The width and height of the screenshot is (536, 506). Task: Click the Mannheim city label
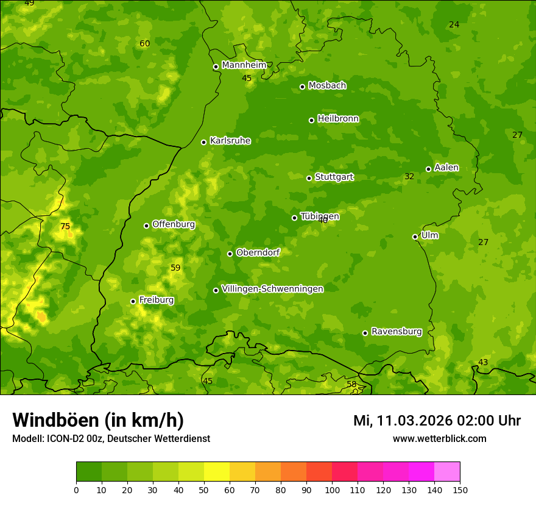click(x=244, y=65)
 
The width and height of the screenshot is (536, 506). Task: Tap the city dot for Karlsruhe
click(x=203, y=142)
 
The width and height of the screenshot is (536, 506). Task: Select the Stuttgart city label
click(x=334, y=177)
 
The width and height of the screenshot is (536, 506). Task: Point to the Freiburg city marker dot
click(x=133, y=301)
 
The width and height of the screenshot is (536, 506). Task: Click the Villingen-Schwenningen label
click(x=272, y=289)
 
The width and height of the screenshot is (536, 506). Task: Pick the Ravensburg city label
click(x=396, y=332)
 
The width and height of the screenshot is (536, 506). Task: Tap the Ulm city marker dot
click(x=415, y=237)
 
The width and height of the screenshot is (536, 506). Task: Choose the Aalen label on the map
click(x=446, y=168)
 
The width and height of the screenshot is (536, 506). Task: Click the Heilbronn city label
click(x=338, y=119)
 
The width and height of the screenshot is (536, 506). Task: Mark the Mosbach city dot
click(x=302, y=87)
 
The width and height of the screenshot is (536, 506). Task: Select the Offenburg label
click(x=174, y=224)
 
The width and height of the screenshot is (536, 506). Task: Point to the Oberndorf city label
click(x=258, y=252)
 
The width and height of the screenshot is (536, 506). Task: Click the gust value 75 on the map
click(x=65, y=227)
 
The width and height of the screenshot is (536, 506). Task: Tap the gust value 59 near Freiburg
click(x=175, y=268)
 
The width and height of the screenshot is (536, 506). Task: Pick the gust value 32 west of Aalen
click(x=409, y=177)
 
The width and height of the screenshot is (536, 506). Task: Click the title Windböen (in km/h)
click(x=98, y=420)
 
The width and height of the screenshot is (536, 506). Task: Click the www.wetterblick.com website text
click(x=439, y=439)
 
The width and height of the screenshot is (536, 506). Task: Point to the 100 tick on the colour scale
click(x=332, y=490)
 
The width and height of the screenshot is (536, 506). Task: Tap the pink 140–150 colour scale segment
click(x=447, y=471)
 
